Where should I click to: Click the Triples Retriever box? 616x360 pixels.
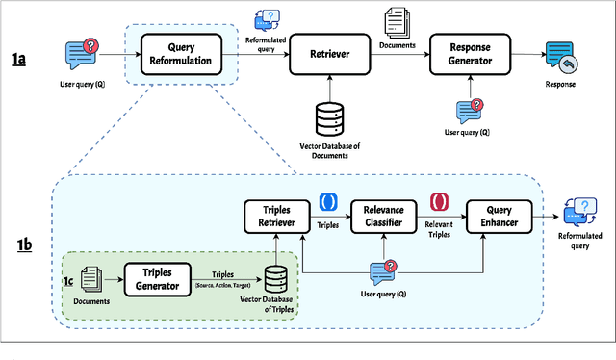(274, 217)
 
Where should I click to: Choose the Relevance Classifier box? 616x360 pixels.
(383, 217)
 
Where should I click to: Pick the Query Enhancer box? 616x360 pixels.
(498, 217)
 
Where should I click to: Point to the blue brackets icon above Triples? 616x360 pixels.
(327, 203)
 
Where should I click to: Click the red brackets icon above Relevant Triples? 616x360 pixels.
(439, 203)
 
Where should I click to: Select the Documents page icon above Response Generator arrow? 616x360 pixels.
(397, 22)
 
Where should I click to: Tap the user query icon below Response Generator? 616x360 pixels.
(470, 111)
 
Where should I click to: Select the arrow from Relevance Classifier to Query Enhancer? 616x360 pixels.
(445, 217)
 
